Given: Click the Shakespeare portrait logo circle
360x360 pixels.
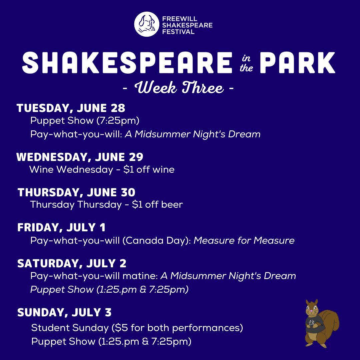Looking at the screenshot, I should (147, 24).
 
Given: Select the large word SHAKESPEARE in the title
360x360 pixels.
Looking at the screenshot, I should (127, 63).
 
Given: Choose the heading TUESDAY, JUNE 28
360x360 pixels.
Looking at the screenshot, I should (71, 108).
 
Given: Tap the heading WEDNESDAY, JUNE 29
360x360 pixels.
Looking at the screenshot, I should (80, 157).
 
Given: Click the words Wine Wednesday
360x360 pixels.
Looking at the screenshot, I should (71, 169).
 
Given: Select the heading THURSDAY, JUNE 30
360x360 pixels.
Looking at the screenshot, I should (76, 192).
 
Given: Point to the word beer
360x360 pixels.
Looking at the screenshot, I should (172, 204).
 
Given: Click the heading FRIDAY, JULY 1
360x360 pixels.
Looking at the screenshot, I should (61, 228).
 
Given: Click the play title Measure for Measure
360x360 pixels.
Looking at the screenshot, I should (244, 240).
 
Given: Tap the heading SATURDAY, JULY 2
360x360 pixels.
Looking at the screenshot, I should (72, 263).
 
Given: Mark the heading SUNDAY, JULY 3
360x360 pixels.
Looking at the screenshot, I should (64, 312).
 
